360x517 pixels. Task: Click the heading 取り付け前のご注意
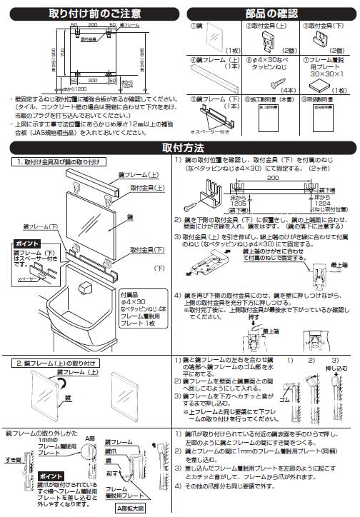click(95, 13)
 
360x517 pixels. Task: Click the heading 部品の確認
click(273, 13)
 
